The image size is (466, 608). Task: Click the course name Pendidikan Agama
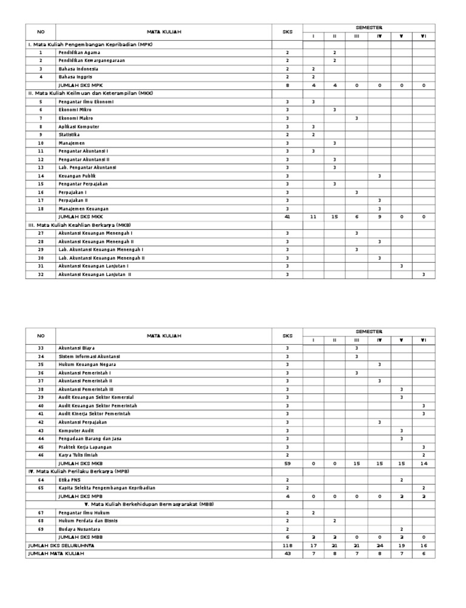(79, 53)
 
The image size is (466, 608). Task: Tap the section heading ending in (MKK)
(90, 93)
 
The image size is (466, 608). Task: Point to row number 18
(41, 208)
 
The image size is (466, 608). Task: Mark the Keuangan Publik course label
(77, 175)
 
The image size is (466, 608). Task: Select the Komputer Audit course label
(77, 430)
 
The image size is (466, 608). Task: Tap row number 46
(41, 454)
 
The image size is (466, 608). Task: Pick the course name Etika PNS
(69, 479)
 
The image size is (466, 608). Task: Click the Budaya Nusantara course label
(79, 529)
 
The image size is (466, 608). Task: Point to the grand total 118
(287, 546)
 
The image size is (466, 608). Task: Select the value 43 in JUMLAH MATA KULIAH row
(287, 553)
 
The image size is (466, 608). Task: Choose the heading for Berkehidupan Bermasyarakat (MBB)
(149, 504)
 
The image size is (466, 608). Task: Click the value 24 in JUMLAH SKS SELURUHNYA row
(379, 546)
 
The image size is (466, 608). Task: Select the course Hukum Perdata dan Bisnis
(88, 521)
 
